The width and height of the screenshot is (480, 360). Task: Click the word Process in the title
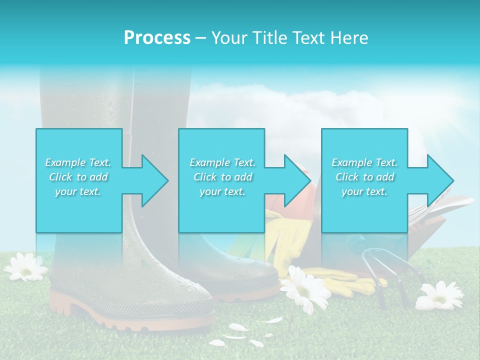157,38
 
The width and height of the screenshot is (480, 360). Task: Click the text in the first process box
78,177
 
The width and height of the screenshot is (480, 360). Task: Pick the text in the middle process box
222,177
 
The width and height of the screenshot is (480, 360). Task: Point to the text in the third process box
364,177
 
